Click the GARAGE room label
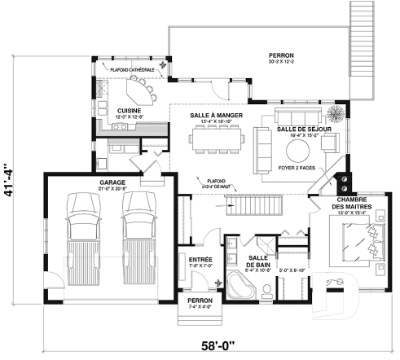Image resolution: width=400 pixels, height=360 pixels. (x=112, y=182)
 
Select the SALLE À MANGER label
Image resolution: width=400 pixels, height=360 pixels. (x=212, y=116)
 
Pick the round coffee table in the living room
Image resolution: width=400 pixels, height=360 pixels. (x=297, y=150)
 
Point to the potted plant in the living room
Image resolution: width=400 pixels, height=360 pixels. (x=335, y=112)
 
